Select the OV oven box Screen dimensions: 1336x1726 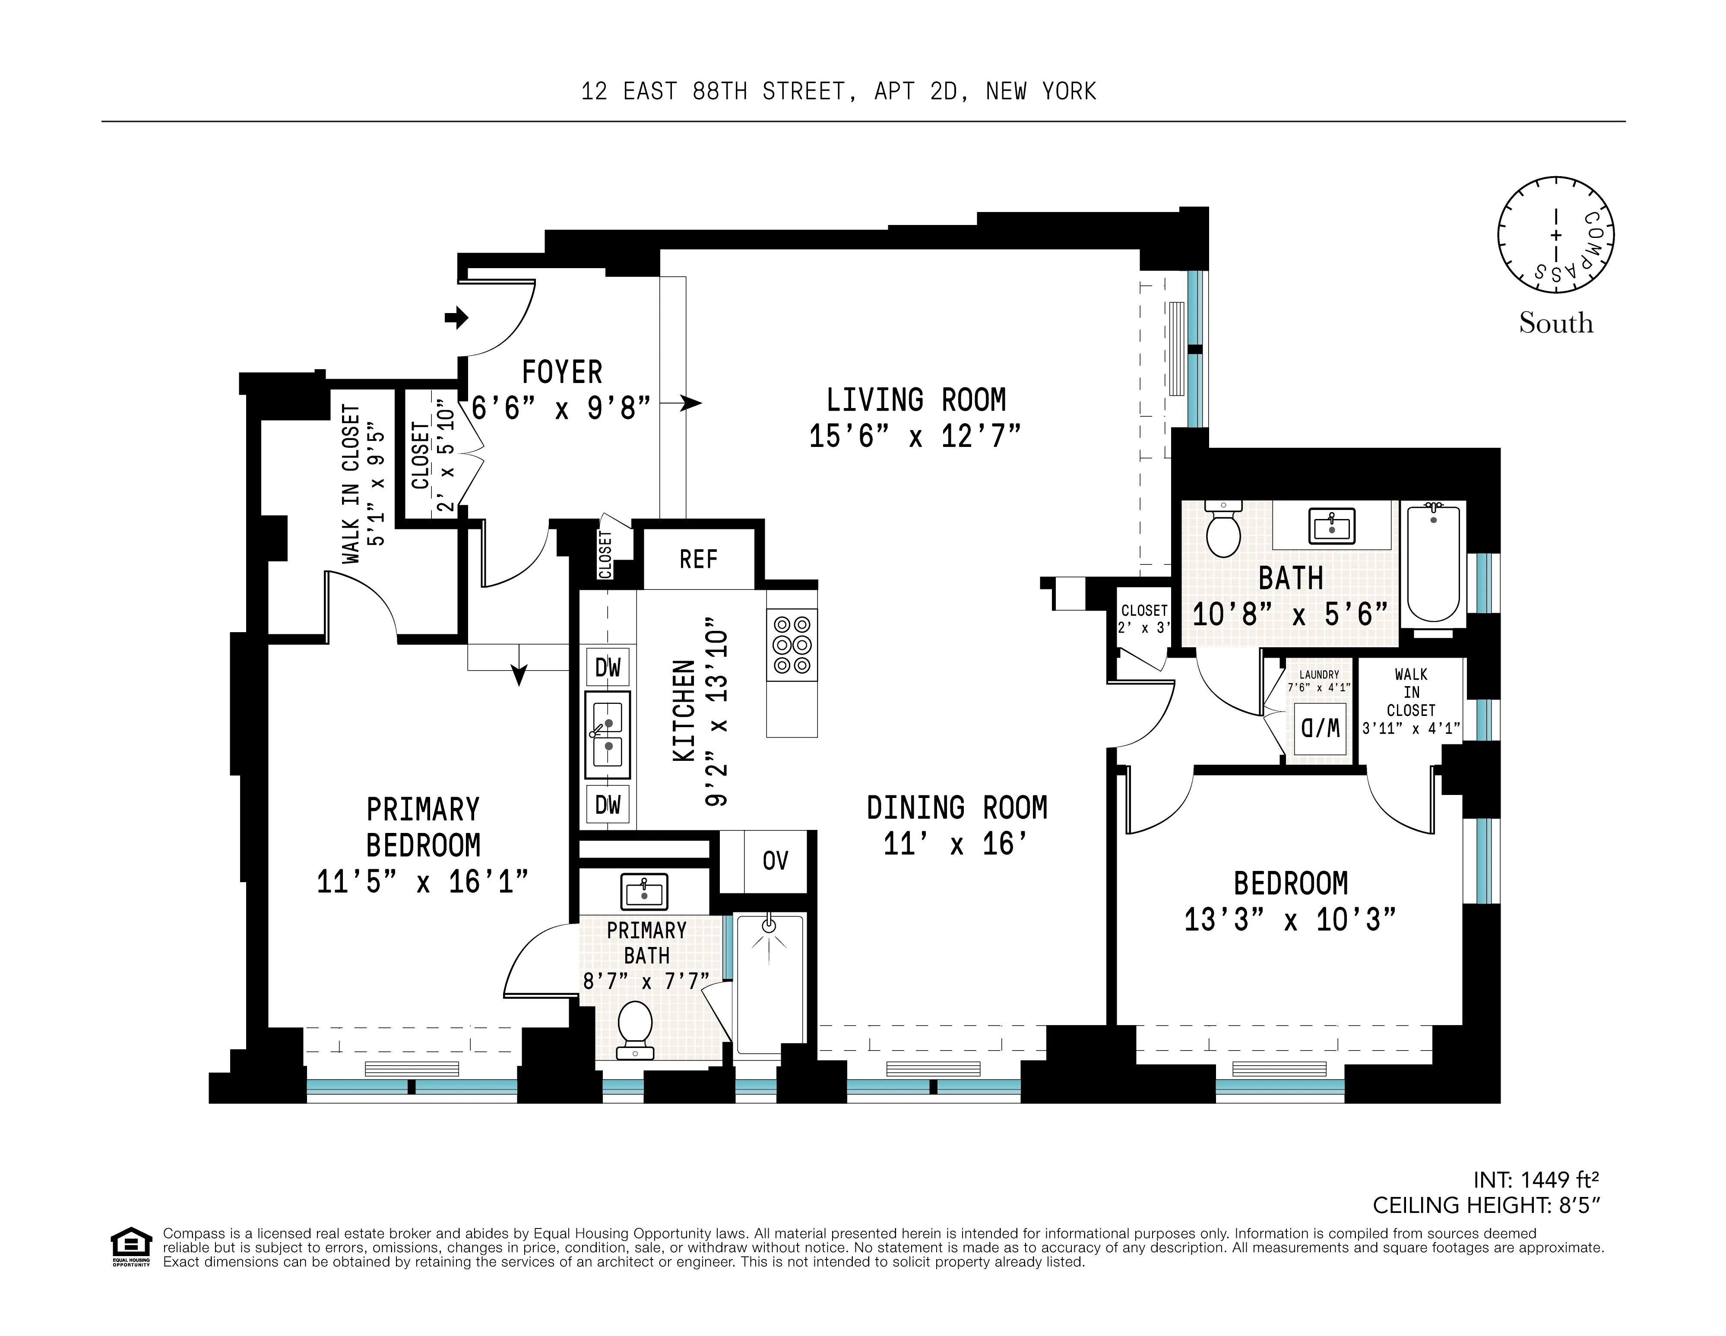[775, 861]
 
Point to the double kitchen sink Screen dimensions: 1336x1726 [608, 735]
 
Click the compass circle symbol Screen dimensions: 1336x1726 [1555, 235]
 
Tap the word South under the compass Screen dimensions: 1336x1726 [1555, 323]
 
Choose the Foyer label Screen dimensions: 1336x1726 [562, 372]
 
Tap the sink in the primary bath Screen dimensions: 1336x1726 [644, 892]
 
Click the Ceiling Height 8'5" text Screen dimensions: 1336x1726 [1486, 1205]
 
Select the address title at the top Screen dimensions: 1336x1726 [839, 92]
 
